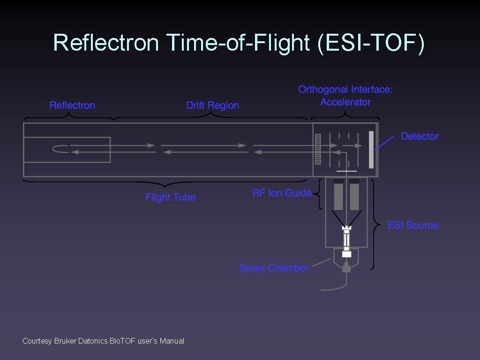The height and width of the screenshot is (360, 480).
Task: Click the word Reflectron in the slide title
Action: (106, 43)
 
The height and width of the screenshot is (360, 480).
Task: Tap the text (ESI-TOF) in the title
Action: (371, 43)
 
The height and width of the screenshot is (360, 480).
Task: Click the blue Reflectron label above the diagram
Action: (72, 105)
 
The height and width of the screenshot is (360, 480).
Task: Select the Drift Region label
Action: (212, 105)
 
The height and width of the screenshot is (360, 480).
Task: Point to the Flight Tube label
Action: (170, 197)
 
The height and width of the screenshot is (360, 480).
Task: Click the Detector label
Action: (420, 136)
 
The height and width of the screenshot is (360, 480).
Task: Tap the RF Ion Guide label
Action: (282, 193)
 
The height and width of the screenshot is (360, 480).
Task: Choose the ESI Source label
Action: (412, 225)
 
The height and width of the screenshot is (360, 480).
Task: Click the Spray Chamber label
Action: (274, 268)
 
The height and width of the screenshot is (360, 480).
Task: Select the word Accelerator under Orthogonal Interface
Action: (345, 102)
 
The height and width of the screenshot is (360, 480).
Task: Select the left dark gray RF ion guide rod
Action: (338, 196)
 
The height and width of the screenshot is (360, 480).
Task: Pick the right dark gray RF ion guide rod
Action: (354, 196)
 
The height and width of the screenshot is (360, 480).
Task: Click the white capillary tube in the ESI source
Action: (346, 240)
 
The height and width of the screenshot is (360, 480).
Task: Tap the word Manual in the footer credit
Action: (172, 341)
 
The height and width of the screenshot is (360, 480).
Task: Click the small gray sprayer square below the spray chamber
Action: (346, 269)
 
